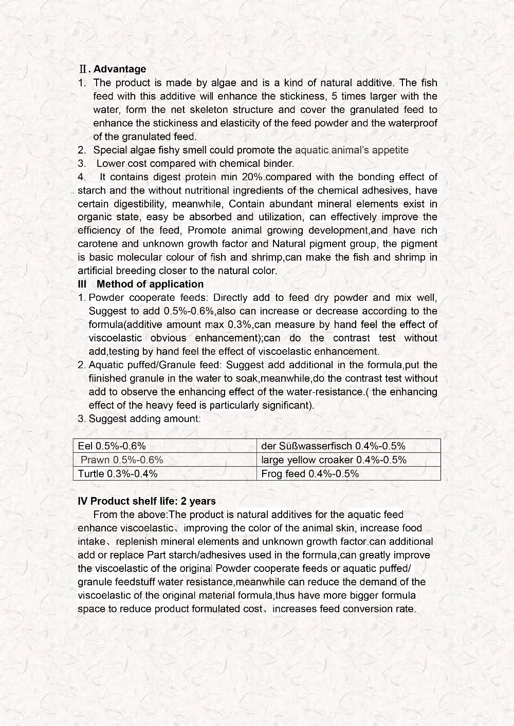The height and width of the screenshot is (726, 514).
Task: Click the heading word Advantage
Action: coord(120,69)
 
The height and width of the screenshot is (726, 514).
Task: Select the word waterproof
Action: coord(412,123)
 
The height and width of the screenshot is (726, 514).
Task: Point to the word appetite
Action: coord(390,150)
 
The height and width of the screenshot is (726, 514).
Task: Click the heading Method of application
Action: coord(150,284)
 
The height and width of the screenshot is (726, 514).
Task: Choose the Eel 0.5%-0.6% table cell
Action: coord(112,446)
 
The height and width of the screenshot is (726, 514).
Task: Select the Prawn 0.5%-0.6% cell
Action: coord(122,460)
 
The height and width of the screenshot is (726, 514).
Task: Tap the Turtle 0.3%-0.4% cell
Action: coord(118,474)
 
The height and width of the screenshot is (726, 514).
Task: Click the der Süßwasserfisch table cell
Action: coord(333,446)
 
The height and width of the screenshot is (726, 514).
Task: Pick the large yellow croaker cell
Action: coord(334,460)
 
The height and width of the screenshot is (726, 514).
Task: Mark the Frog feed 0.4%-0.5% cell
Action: coord(310,474)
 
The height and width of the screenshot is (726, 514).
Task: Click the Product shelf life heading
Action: coord(146,502)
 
